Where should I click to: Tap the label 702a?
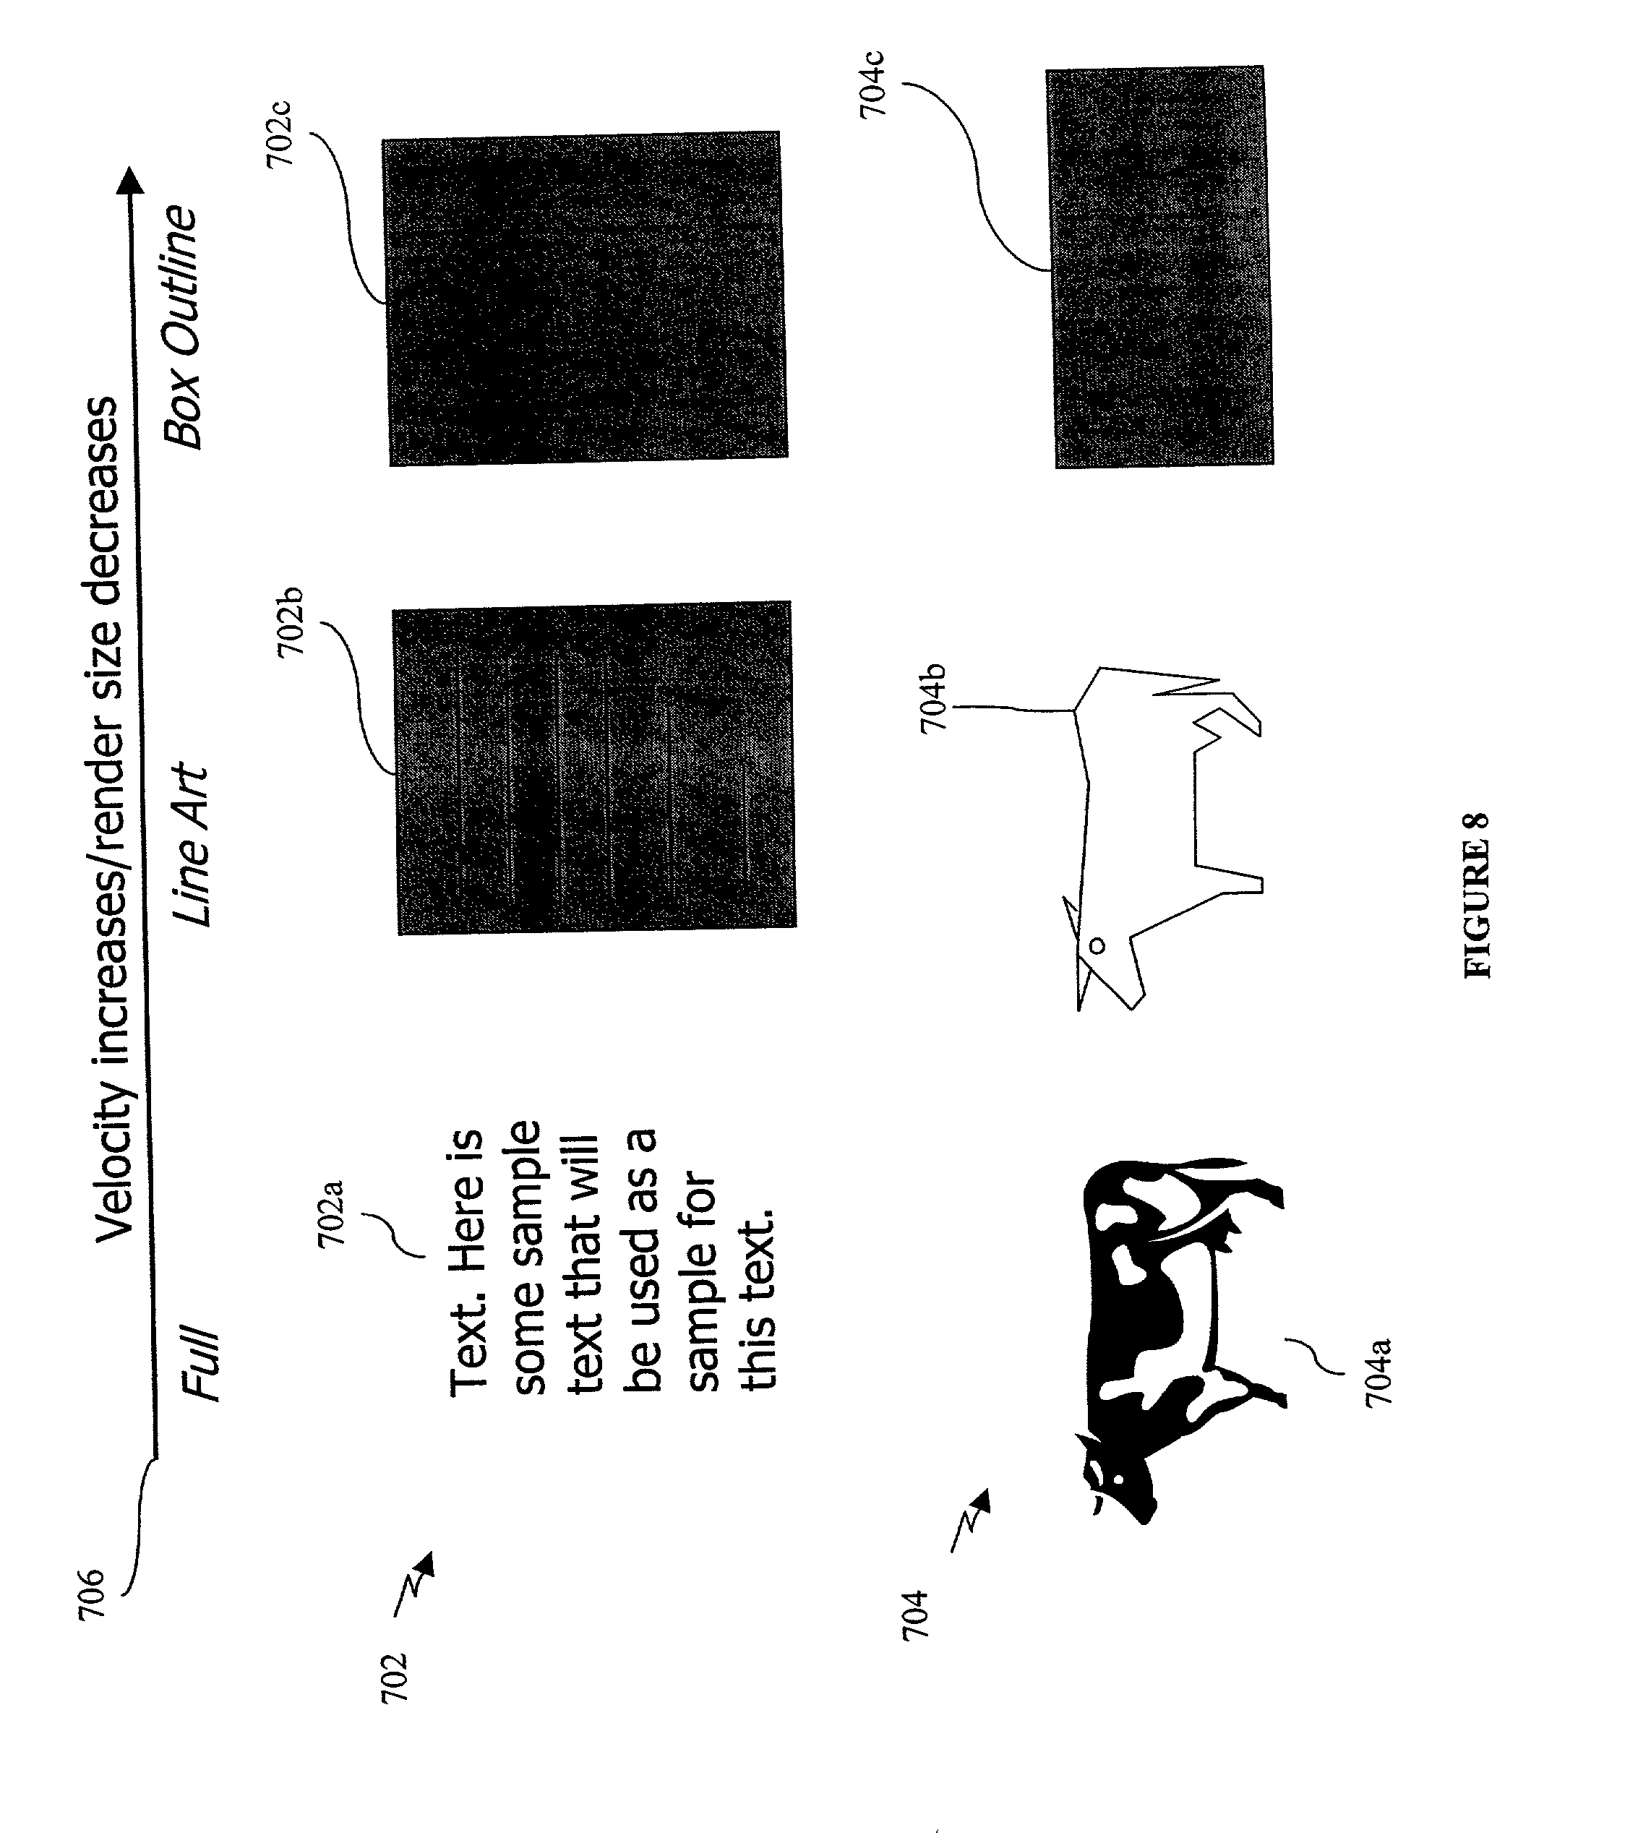[x=332, y=1213]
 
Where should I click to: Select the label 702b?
[x=291, y=622]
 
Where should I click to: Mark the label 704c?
[x=872, y=85]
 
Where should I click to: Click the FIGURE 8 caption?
[x=1477, y=894]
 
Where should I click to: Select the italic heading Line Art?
[x=192, y=844]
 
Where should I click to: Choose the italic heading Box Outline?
[x=181, y=327]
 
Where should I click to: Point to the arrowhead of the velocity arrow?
[x=132, y=181]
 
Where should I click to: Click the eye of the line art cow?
[x=1096, y=946]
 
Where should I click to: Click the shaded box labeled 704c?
[x=1159, y=267]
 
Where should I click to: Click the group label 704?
[x=915, y=1614]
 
